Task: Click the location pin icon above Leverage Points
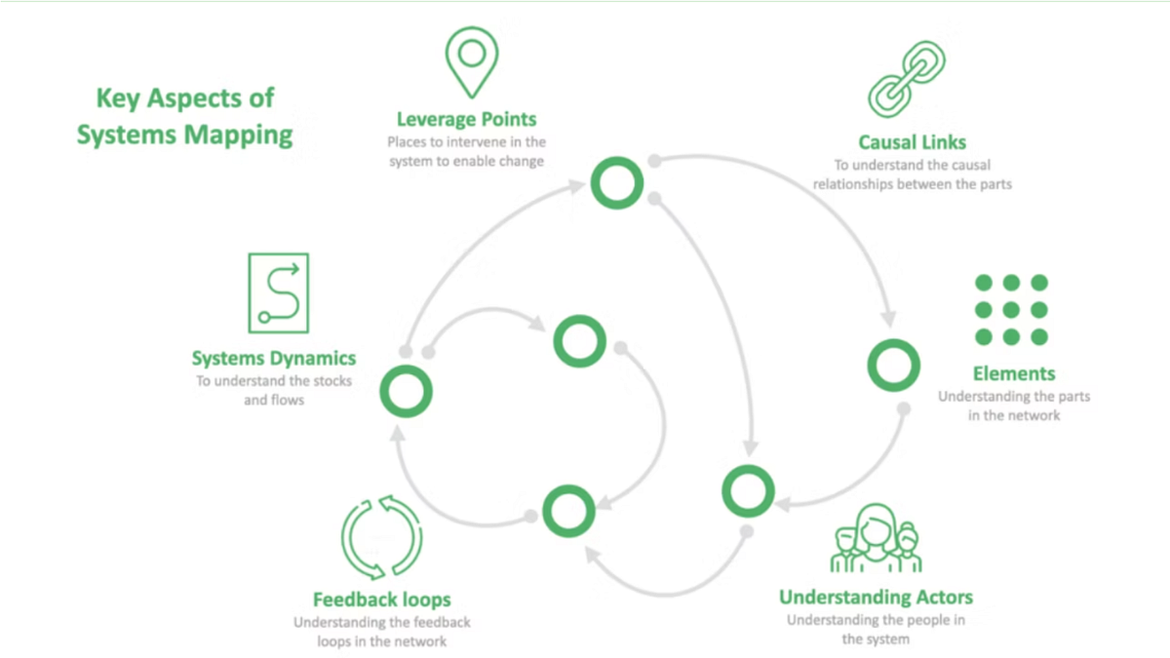(471, 60)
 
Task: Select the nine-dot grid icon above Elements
(1011, 309)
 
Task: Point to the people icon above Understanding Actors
(876, 539)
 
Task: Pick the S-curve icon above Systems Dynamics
(279, 292)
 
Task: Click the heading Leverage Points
(466, 120)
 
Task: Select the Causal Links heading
(912, 142)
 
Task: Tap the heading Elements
(1014, 373)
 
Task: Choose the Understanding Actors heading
(876, 598)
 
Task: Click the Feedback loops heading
(381, 600)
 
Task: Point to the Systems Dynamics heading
(273, 358)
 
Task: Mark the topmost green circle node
(616, 182)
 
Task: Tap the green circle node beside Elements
(893, 366)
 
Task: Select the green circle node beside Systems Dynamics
(406, 391)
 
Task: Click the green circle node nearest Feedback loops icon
(568, 511)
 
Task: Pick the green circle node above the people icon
(748, 491)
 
